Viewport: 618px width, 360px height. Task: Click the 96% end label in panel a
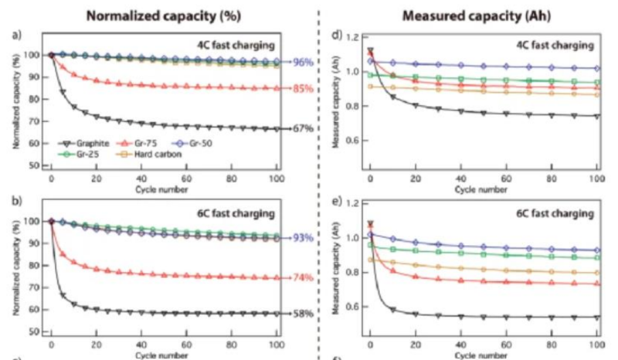(x=303, y=62)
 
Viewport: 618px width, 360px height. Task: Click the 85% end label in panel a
(x=303, y=89)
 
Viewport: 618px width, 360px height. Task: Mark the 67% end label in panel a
(x=303, y=129)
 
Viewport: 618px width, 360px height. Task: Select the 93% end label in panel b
(x=303, y=238)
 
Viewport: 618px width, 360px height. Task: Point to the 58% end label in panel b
(x=303, y=314)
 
